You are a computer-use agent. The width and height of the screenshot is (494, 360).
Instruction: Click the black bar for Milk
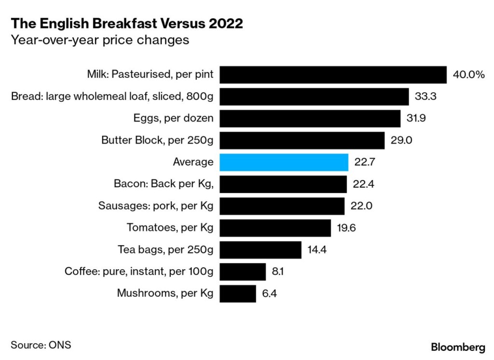(x=333, y=75)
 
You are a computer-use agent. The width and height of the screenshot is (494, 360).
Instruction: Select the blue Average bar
(x=284, y=162)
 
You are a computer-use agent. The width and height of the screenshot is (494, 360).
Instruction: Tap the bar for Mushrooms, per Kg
(x=238, y=293)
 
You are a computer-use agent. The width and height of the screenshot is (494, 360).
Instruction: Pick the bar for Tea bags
(x=261, y=249)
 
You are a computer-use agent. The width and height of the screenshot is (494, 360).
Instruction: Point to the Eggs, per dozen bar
(x=310, y=118)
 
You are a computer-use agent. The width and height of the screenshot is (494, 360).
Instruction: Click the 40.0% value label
(x=468, y=75)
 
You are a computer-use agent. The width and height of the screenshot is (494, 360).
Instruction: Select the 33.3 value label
(x=425, y=97)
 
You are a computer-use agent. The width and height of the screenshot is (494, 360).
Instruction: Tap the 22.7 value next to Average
(x=365, y=162)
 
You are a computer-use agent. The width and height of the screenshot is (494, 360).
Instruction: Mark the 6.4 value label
(x=270, y=293)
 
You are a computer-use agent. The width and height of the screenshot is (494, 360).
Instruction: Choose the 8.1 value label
(x=278, y=271)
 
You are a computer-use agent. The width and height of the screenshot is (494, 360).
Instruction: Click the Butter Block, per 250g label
(x=157, y=140)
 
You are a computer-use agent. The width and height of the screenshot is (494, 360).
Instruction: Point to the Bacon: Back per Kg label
(x=164, y=184)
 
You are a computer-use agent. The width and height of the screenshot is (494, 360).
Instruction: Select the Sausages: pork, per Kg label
(x=156, y=206)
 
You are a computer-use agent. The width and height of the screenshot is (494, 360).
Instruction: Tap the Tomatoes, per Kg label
(x=170, y=227)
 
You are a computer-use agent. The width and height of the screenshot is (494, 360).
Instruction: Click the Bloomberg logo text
(x=458, y=346)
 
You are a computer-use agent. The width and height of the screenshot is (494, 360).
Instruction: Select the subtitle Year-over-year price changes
(x=100, y=40)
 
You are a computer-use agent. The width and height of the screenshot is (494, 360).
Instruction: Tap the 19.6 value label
(x=346, y=228)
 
